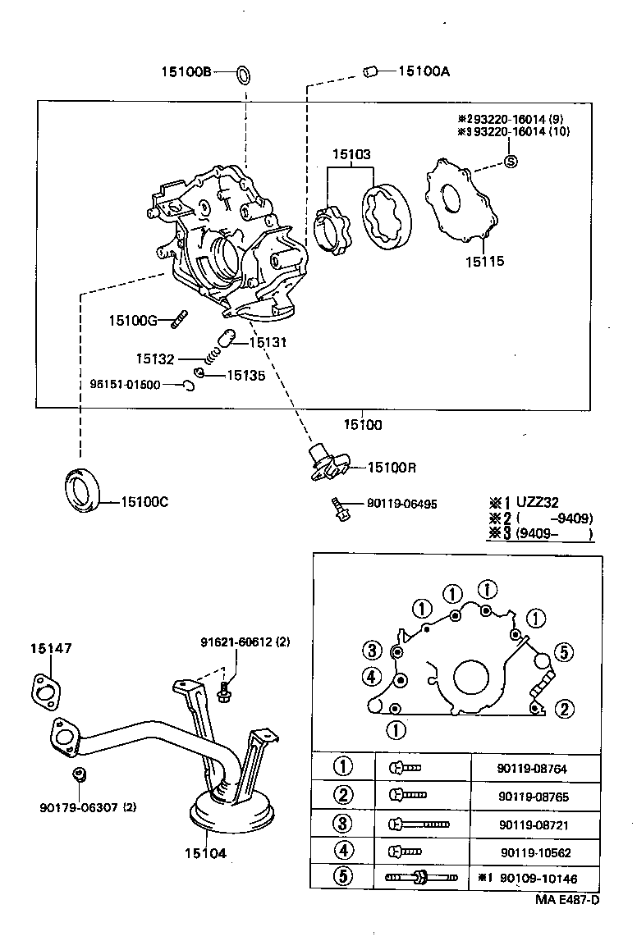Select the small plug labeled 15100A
tap(369, 73)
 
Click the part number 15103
tap(351, 154)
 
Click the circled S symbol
tap(510, 161)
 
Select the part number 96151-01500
tap(125, 385)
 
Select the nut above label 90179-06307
tap(80, 774)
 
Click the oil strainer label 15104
tap(204, 853)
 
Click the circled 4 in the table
tap(342, 851)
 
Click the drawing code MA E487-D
tap(567, 900)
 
